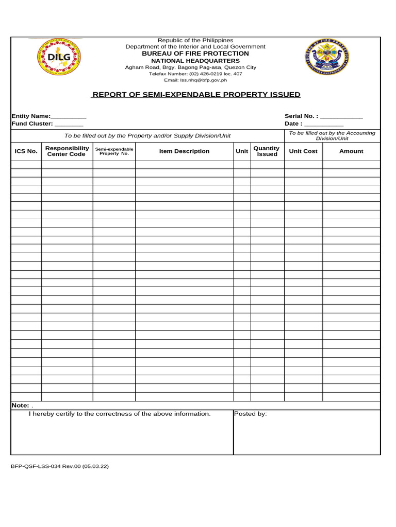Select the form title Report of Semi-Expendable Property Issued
coord(195,95)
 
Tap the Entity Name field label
coord(31,116)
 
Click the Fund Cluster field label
coord(32,124)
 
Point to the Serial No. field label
coord(301,116)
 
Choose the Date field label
coord(293,124)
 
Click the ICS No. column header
coord(26,151)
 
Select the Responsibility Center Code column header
coord(67,151)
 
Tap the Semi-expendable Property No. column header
coord(114,151)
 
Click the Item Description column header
coord(184,151)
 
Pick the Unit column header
coord(242,151)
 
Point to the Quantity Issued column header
coord(267,151)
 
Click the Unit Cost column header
coord(303,151)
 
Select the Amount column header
coord(351,151)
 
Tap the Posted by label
coord(251,414)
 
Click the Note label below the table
coord(20,406)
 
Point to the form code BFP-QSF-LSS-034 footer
coord(59,466)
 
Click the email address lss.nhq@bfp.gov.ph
coord(195,80)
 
